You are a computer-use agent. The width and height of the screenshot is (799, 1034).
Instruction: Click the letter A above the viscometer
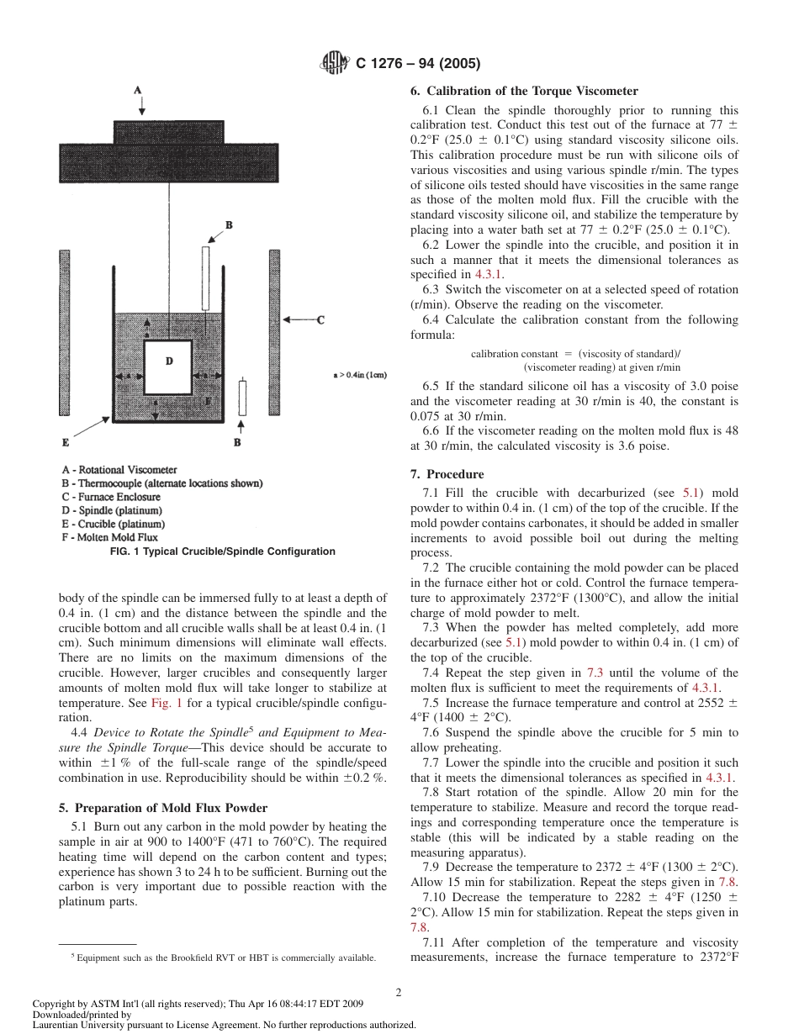pyautogui.click(x=138, y=90)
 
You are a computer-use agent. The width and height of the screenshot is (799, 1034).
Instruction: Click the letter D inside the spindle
pyautogui.click(x=169, y=361)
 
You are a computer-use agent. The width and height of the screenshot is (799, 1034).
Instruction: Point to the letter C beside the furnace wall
pyautogui.click(x=320, y=319)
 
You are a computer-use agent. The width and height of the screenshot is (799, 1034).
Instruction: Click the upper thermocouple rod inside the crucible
pyautogui.click(x=205, y=277)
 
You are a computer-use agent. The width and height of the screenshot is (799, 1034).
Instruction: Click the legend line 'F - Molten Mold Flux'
pyautogui.click(x=109, y=537)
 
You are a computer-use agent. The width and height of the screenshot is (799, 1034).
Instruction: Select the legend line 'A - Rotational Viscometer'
pyautogui.click(x=119, y=470)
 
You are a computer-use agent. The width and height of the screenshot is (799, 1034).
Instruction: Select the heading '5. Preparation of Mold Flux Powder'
pyautogui.click(x=163, y=808)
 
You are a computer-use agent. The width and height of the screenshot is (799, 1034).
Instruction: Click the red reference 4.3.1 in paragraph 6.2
pyautogui.click(x=489, y=274)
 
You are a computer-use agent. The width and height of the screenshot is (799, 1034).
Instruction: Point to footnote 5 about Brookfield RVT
pyautogui.click(x=223, y=958)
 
